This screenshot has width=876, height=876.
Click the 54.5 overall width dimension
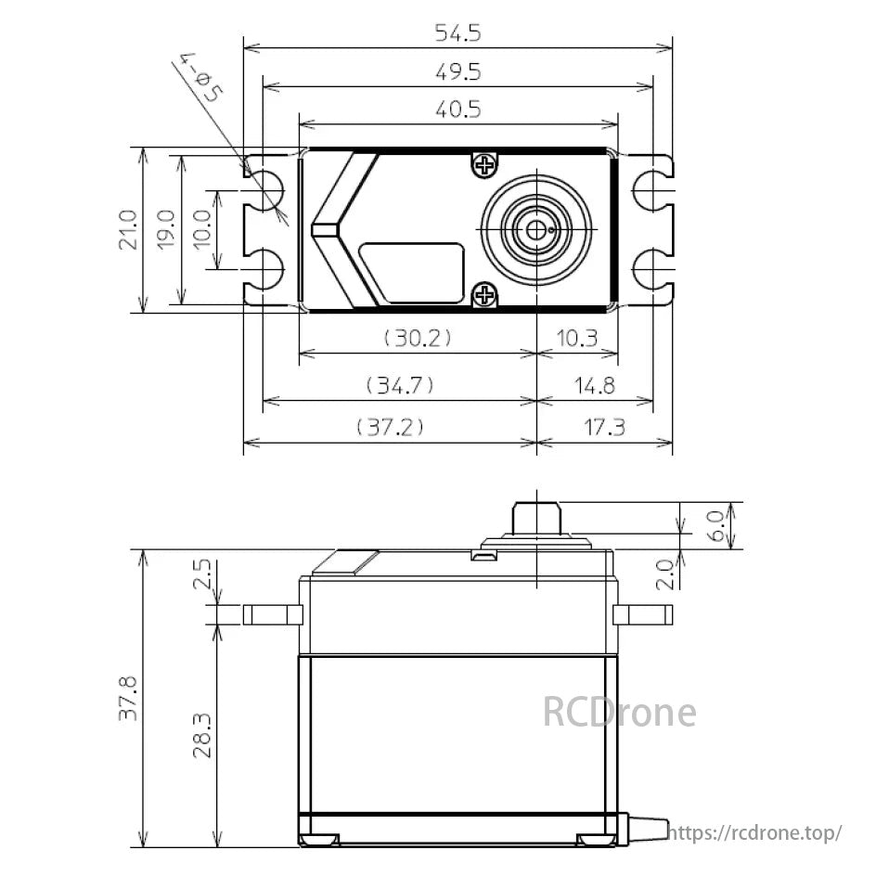[x=458, y=33]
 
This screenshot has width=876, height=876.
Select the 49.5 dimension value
[x=458, y=72]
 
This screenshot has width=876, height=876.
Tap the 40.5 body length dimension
[x=458, y=109]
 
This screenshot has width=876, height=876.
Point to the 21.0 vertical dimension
[x=128, y=229]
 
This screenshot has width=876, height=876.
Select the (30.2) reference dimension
[x=418, y=339]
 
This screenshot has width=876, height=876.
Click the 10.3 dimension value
[x=578, y=339]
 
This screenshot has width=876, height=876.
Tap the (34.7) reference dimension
[x=400, y=384]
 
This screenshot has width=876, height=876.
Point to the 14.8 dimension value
[x=594, y=384]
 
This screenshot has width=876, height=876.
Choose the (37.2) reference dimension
[x=391, y=427]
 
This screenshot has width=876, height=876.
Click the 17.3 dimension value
[x=605, y=427]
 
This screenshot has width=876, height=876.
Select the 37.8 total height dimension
[x=128, y=698]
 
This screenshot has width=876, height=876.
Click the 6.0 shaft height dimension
[x=715, y=525]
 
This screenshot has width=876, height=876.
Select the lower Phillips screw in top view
[x=484, y=295]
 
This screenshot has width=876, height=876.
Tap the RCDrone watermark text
[x=619, y=713]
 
